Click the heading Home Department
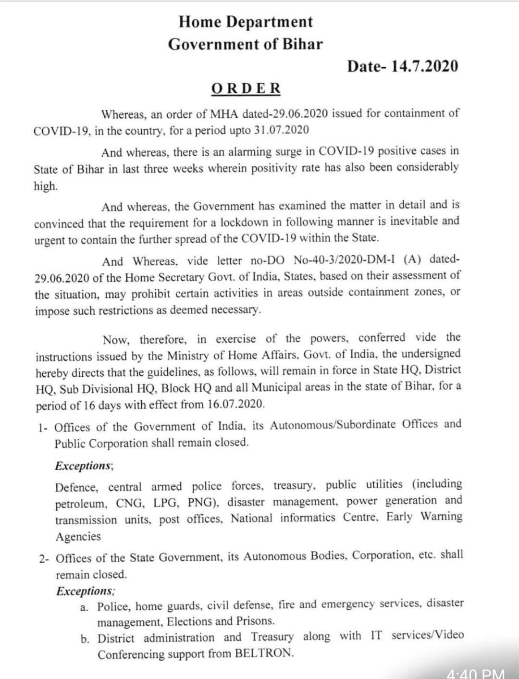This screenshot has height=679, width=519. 246,22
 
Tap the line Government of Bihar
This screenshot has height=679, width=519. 246,44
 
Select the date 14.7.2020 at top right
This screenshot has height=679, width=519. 424,66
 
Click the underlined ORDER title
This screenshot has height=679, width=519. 246,88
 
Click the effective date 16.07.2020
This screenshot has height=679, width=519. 235,404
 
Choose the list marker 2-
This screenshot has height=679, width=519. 44,559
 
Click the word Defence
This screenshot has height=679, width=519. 76,487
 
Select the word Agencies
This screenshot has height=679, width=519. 78,536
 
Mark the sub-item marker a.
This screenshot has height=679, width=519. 84,607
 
